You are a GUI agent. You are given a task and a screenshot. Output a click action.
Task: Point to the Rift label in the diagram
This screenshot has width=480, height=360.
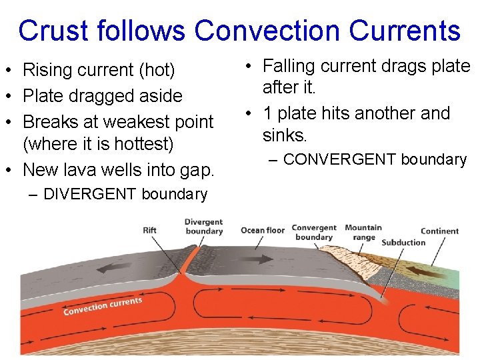150,231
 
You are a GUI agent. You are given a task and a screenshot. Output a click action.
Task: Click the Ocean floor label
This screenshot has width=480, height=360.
263,231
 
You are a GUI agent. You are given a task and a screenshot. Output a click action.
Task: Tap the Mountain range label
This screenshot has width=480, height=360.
363,232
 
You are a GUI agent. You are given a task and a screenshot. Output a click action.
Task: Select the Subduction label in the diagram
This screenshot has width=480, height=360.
403,243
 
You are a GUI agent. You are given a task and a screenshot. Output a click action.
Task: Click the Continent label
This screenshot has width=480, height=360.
440,231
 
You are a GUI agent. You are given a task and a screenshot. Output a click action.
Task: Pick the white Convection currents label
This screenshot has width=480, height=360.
103,307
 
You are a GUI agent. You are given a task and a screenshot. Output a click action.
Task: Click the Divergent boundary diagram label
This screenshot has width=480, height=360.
204,227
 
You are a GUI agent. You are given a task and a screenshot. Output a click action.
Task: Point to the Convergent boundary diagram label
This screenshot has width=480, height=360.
314,232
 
